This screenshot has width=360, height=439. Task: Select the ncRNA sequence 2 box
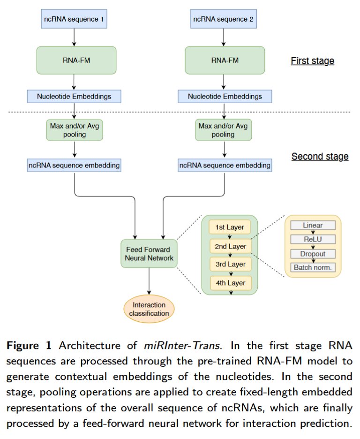click(x=224, y=20)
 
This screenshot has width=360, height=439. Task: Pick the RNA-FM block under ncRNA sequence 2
click(x=225, y=60)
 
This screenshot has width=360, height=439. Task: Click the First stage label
click(x=312, y=61)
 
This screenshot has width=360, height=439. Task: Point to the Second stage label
click(x=320, y=156)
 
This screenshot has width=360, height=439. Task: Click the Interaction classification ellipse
click(x=149, y=309)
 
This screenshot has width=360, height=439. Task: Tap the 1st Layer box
click(x=230, y=227)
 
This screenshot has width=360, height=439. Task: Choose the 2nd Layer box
click(x=230, y=246)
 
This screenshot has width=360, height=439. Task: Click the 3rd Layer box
click(x=230, y=264)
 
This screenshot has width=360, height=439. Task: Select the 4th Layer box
click(x=230, y=282)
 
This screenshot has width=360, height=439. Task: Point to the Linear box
click(x=313, y=225)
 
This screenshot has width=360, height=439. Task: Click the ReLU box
click(x=313, y=239)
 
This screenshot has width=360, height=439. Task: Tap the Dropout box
click(x=313, y=254)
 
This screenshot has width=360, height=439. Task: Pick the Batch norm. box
click(x=313, y=268)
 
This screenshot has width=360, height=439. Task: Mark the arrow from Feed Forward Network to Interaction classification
click(x=149, y=281)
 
